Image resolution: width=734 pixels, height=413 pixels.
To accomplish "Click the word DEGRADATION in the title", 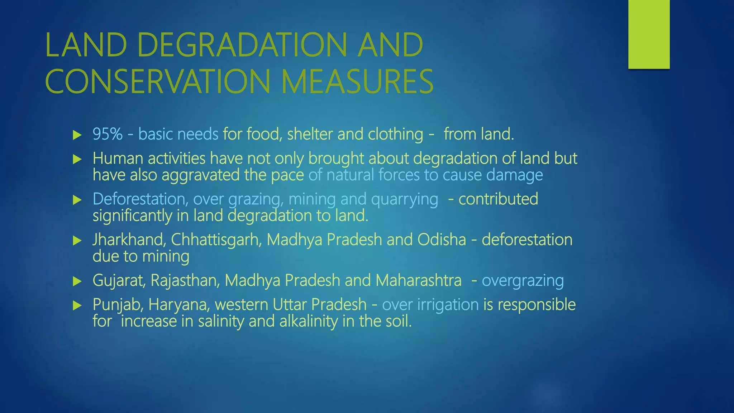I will coord(242,45).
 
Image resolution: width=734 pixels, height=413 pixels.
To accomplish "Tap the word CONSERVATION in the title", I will coord(157,82).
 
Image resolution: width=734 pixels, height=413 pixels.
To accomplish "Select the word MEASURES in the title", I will coord(357,82).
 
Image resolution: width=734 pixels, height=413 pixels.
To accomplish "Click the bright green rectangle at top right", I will coord(649,34).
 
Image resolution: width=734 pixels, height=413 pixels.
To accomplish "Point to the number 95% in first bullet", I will coord(108,134).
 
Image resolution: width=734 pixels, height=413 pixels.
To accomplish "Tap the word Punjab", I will coord(118,305).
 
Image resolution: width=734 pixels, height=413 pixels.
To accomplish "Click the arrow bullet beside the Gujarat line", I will coord(77,281).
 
